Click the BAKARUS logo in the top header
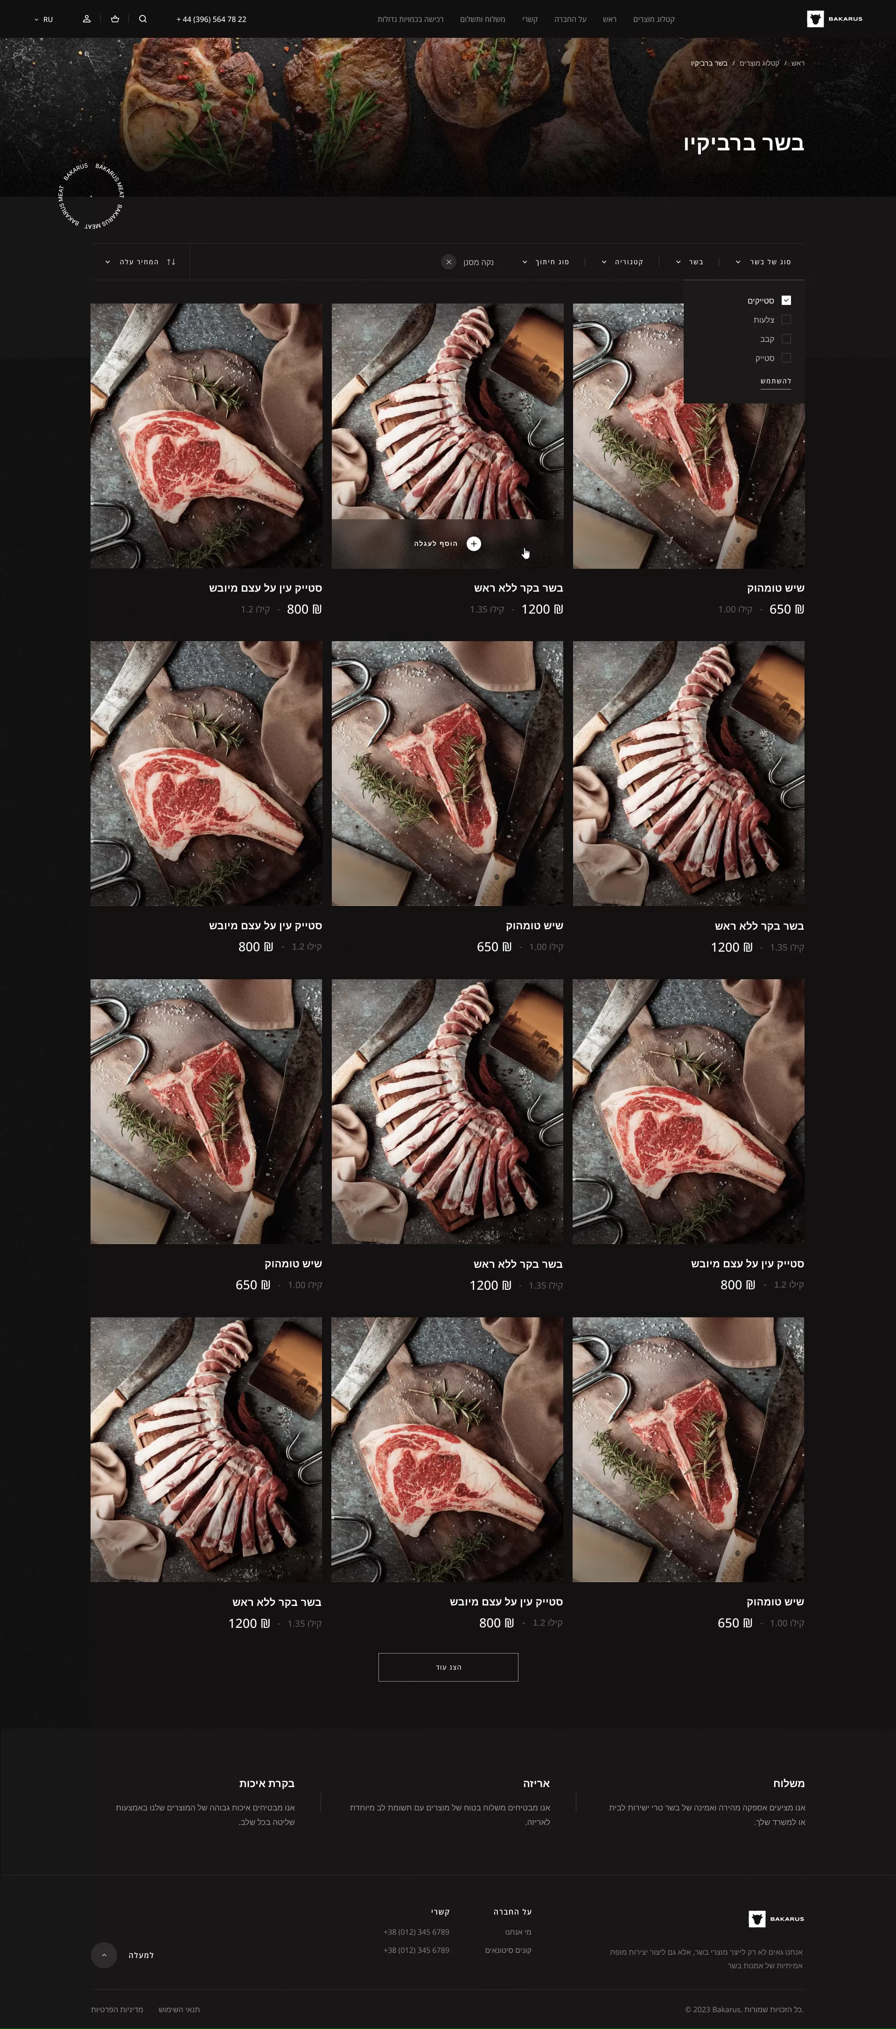coord(834,19)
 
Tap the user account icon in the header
coord(87,19)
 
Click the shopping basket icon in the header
coord(115,19)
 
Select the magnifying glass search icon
coord(142,19)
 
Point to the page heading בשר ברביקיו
coord(743,143)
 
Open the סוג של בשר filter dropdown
coord(762,262)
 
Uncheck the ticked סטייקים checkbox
coord(786,300)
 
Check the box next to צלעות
coord(786,320)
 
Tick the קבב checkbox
coord(786,339)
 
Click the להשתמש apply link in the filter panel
coord(776,381)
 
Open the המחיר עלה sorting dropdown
coord(140,262)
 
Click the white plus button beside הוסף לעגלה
coord(473,544)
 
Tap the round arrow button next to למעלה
coord(104,1954)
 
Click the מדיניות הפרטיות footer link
coord(117,2009)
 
